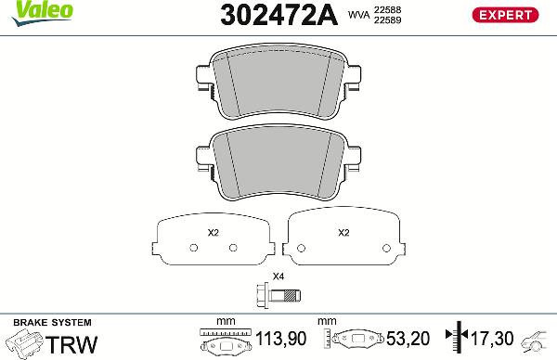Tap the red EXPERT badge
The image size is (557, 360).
[507, 14]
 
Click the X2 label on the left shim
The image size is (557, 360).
[212, 232]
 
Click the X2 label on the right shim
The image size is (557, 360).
[343, 232]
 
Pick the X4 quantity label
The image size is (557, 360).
[278, 276]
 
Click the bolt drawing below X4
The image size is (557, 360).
[278, 296]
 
